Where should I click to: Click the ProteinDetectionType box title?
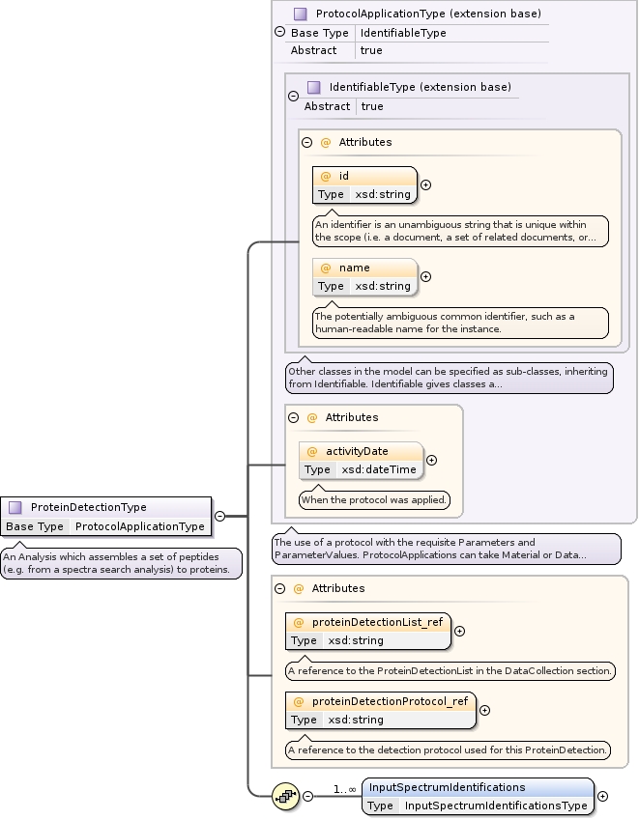pyautogui.click(x=89, y=507)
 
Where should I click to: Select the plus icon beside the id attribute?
pyautogui.click(x=425, y=184)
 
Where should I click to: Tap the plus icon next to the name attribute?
pyautogui.click(x=425, y=276)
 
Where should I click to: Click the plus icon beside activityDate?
pyautogui.click(x=431, y=460)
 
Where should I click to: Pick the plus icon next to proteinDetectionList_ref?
pyautogui.click(x=459, y=631)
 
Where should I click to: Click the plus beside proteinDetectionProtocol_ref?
pyautogui.click(x=484, y=710)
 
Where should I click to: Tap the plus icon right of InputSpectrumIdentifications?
pyautogui.click(x=602, y=796)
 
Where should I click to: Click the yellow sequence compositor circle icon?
pyautogui.click(x=287, y=796)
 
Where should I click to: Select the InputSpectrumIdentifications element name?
pyautogui.click(x=448, y=787)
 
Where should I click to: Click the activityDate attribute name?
pyautogui.click(x=357, y=451)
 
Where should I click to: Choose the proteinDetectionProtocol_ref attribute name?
pyautogui.click(x=390, y=701)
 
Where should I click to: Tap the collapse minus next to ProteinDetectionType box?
pyautogui.click(x=219, y=516)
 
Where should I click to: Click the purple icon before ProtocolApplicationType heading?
pyautogui.click(x=301, y=14)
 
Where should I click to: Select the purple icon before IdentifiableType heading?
pyautogui.click(x=314, y=88)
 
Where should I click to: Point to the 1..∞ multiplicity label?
pyautogui.click(x=345, y=789)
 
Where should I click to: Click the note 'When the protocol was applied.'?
pyautogui.click(x=374, y=499)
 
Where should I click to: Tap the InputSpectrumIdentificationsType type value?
pyautogui.click(x=495, y=805)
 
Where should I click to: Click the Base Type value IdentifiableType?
pyautogui.click(x=402, y=33)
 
